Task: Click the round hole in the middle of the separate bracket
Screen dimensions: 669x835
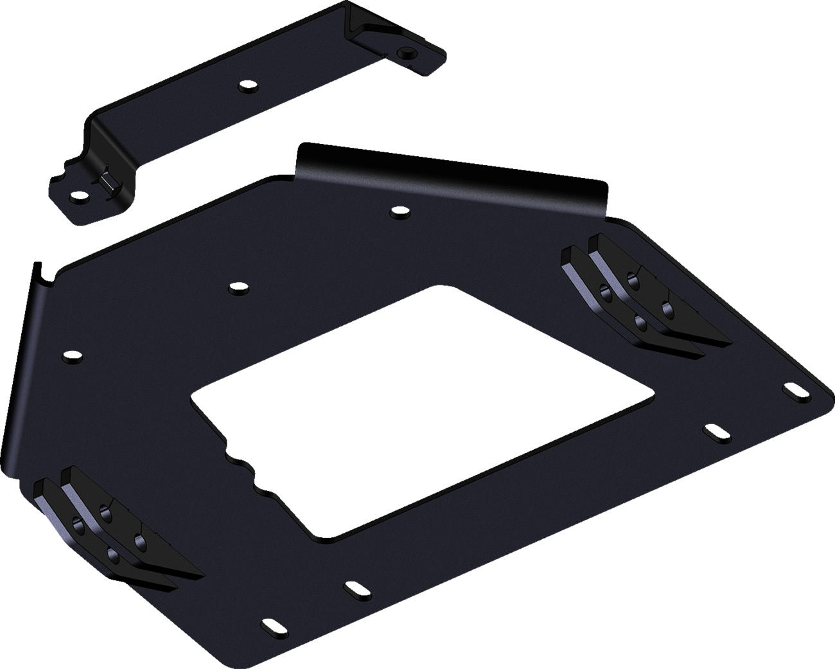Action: (x=245, y=86)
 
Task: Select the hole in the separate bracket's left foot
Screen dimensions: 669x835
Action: (x=79, y=195)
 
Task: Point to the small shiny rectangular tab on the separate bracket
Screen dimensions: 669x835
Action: (x=107, y=184)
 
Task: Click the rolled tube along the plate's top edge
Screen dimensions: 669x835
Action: (x=450, y=183)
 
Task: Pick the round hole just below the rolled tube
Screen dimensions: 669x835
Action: (x=398, y=211)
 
